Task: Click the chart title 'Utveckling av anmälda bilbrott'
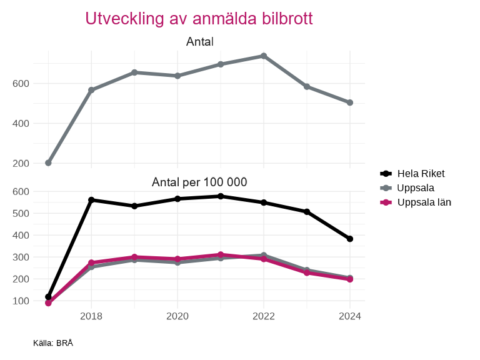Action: (199, 19)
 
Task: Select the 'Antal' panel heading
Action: (199, 42)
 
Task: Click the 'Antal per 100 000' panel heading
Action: (199, 182)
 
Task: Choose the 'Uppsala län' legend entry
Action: (424, 202)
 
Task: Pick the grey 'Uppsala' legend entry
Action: (415, 187)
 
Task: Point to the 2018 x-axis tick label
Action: (91, 316)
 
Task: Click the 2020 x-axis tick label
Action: (177, 316)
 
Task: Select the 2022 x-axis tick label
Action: (264, 316)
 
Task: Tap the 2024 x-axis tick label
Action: (350, 316)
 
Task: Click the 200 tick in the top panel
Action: (21, 163)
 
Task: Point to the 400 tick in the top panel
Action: (21, 123)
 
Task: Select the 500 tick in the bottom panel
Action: (21, 213)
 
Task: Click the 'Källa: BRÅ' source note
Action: (53, 342)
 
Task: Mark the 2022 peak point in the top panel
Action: (264, 56)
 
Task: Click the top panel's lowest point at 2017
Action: (48, 163)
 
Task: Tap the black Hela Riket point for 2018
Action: (91, 200)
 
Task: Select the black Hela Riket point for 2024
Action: (350, 239)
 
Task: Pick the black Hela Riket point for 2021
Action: (221, 196)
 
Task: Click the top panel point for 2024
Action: (350, 102)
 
